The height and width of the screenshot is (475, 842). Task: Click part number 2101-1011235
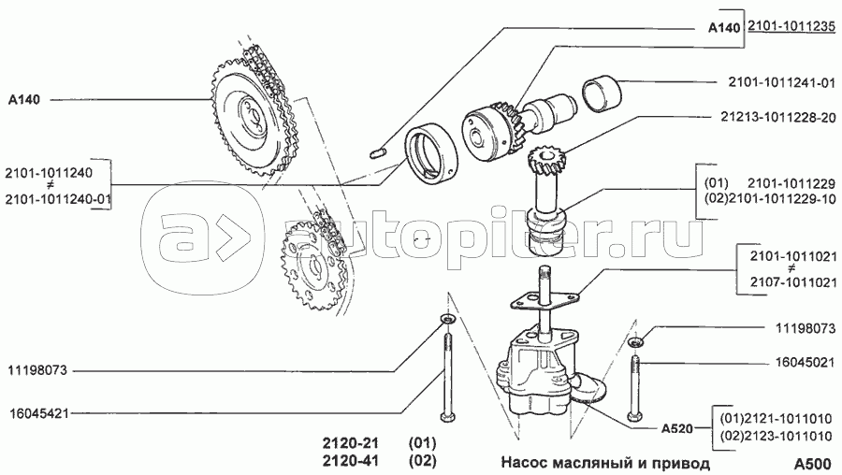[791, 29]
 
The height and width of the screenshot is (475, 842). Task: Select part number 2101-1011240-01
[58, 198]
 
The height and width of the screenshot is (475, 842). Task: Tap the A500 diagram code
[811, 462]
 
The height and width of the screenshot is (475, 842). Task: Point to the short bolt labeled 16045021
[636, 388]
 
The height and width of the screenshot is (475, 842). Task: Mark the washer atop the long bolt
[445, 324]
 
